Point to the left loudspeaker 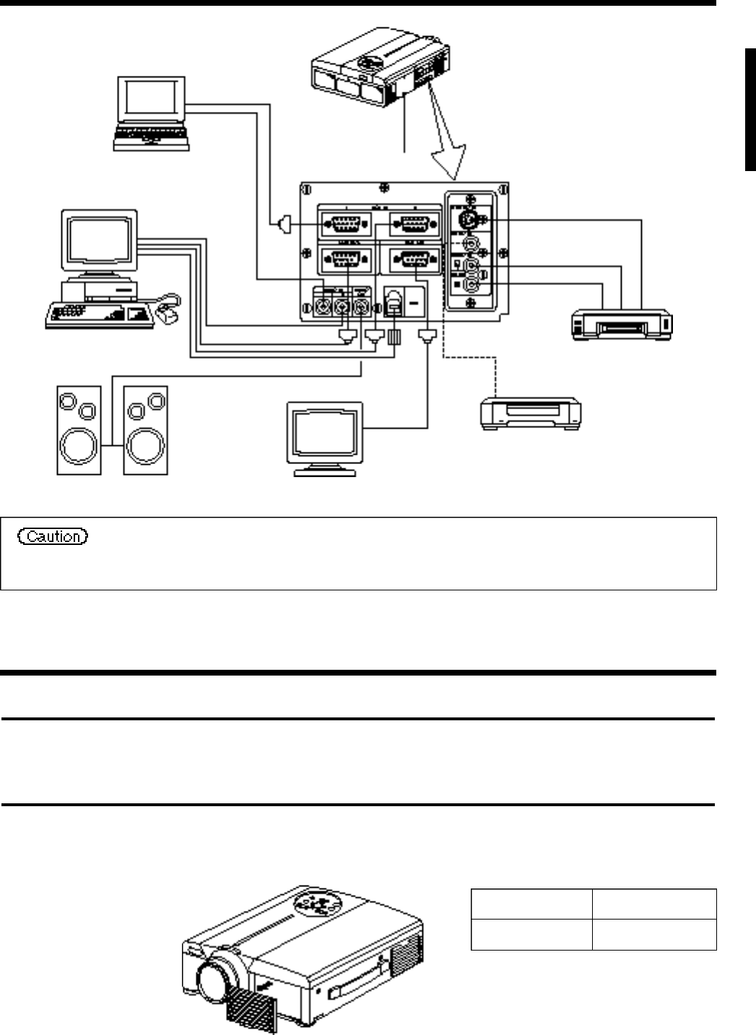79,430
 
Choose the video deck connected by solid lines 622,324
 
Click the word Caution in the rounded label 55,536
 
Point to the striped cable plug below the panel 394,337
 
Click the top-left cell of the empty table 531,903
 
